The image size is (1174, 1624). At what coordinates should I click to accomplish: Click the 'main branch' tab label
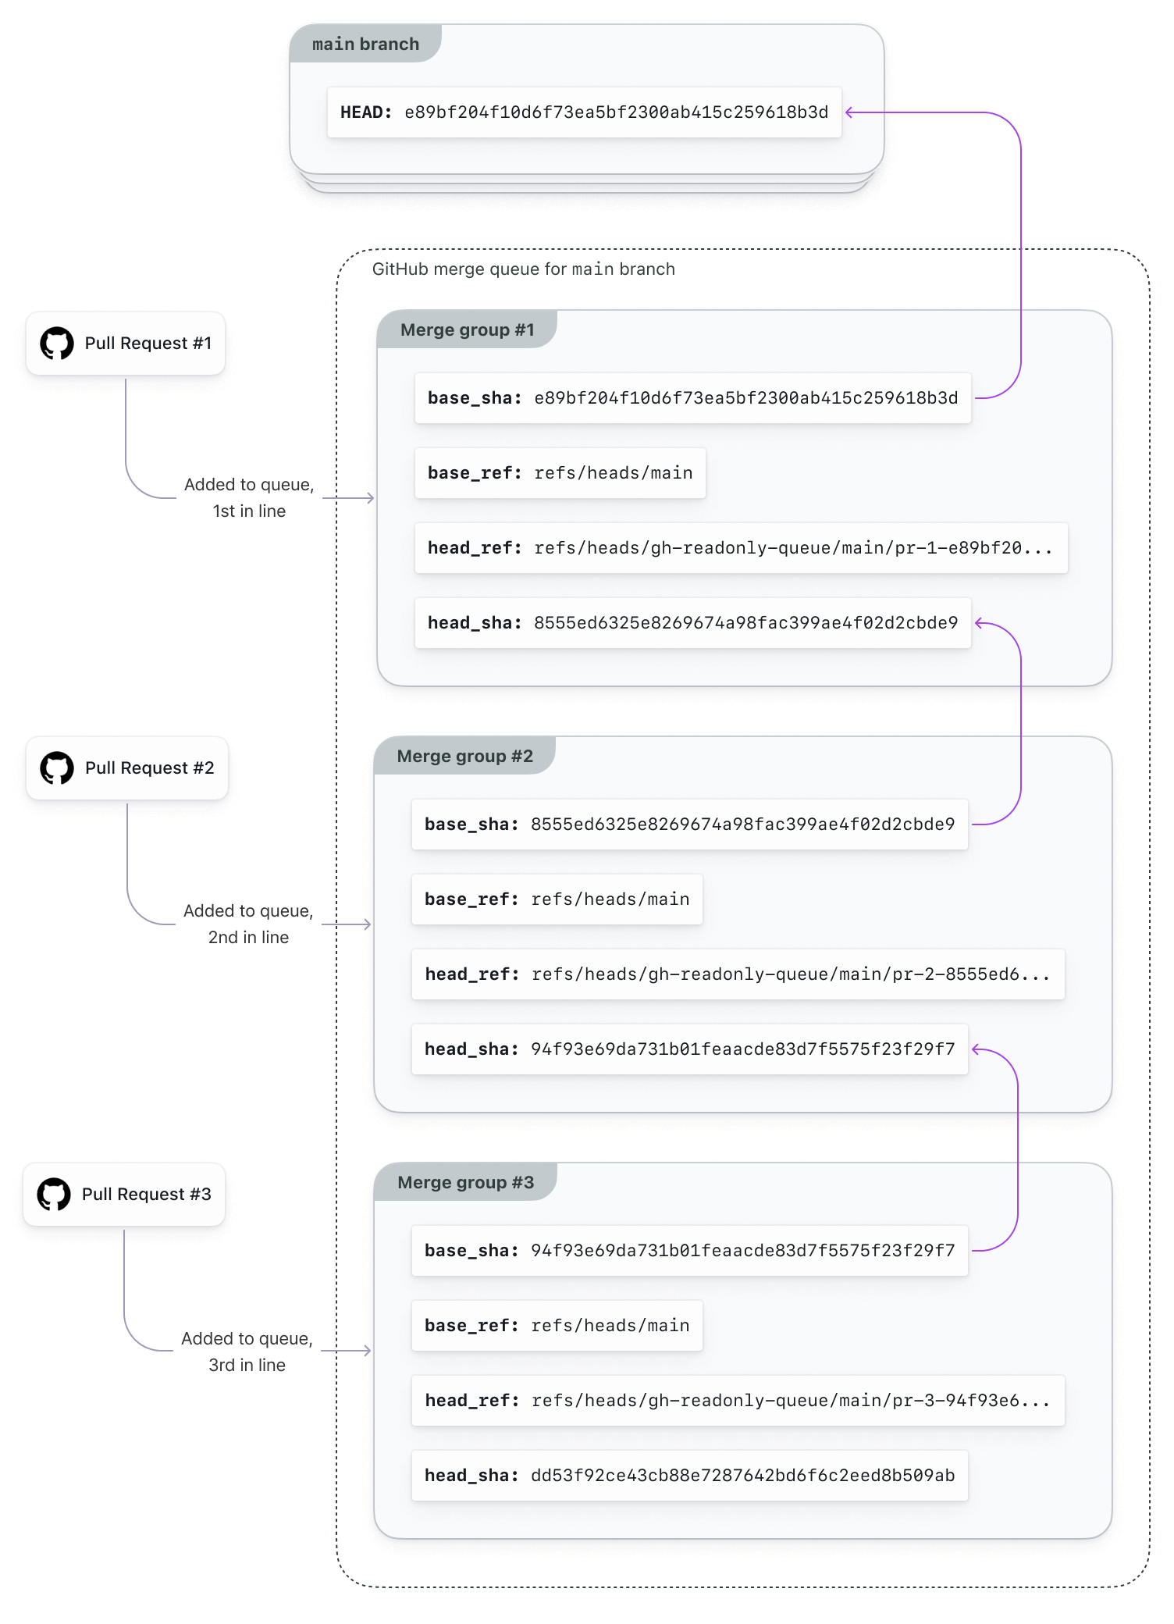[365, 45]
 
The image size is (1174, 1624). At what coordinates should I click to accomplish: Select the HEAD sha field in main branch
[584, 112]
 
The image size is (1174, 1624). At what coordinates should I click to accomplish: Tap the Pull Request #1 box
[126, 344]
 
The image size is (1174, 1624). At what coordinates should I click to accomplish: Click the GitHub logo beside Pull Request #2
[57, 768]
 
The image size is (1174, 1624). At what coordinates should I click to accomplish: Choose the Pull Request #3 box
[124, 1195]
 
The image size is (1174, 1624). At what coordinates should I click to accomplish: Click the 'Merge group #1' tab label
[467, 330]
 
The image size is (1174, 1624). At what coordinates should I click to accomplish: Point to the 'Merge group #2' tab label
[464, 757]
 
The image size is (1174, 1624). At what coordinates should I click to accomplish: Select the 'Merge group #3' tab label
[465, 1183]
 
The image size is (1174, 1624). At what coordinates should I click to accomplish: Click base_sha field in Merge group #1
[692, 398]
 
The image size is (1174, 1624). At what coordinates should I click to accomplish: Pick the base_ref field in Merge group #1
[560, 473]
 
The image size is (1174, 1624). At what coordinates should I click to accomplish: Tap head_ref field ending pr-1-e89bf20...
[740, 548]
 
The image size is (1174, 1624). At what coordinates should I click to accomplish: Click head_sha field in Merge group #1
[692, 623]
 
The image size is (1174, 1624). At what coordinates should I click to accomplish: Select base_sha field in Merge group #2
[689, 824]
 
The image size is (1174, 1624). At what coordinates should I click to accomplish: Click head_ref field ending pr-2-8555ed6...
[738, 974]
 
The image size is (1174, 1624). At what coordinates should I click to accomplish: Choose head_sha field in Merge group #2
[689, 1049]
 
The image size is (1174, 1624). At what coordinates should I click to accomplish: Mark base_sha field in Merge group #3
[689, 1251]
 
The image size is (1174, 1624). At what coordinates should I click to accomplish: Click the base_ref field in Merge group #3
[557, 1326]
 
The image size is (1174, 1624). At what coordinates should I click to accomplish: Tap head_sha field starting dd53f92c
[689, 1476]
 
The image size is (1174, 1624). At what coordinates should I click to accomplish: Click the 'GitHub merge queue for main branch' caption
[523, 269]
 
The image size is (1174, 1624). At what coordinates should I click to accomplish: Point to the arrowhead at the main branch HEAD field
[849, 112]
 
